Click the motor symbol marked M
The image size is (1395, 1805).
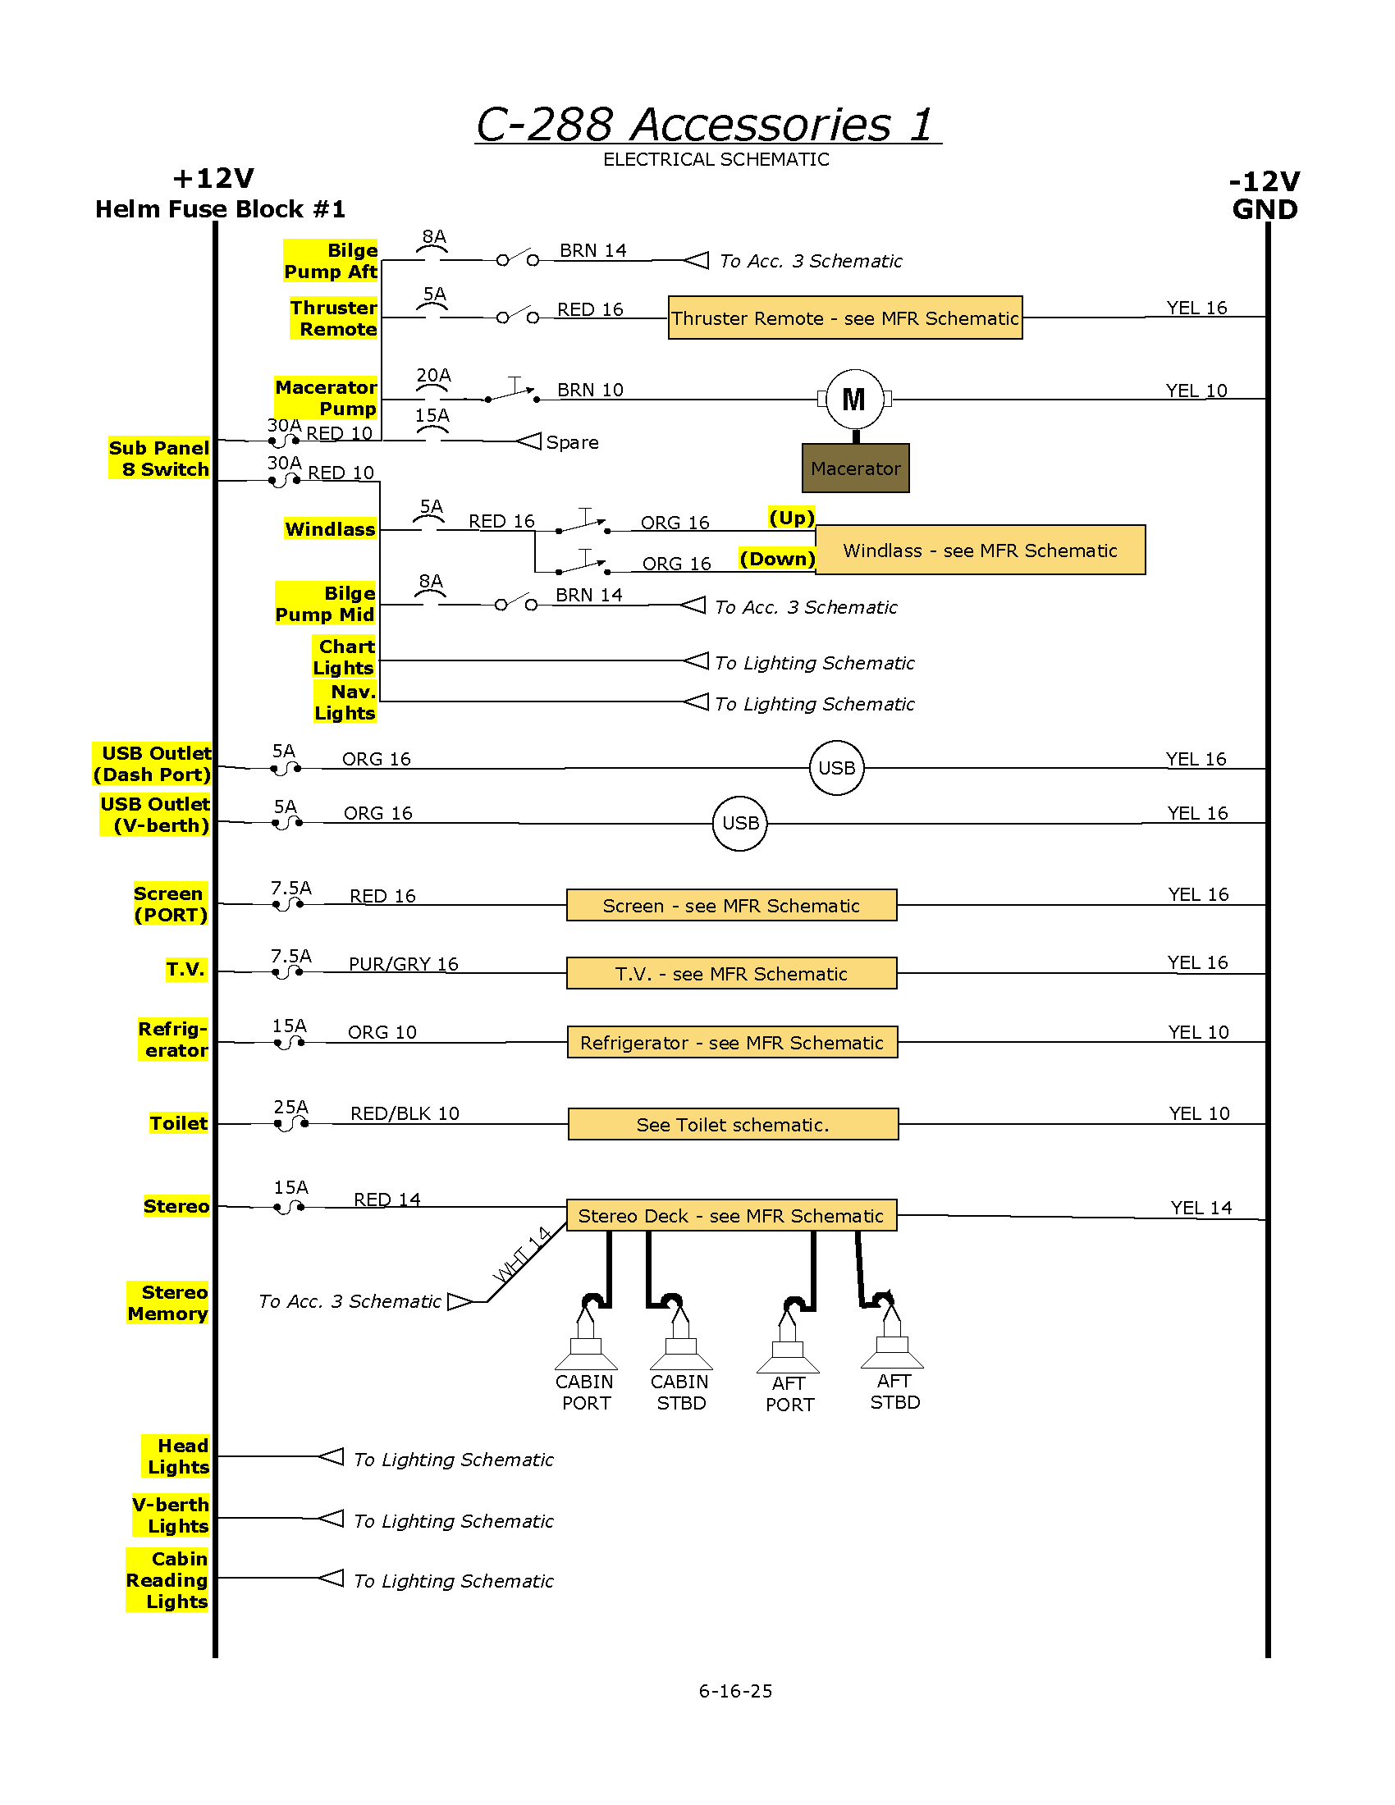pos(854,400)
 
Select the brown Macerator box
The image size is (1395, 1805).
pos(855,468)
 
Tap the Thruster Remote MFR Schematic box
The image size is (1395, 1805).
pos(844,318)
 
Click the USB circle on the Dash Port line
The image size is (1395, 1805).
pos(836,768)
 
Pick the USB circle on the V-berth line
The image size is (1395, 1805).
pos(739,823)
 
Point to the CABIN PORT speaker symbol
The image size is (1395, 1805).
pos(586,1332)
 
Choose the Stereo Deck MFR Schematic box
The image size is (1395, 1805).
pos(731,1215)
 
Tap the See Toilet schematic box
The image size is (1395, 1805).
pos(733,1124)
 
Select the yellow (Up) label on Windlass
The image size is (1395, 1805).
pos(792,518)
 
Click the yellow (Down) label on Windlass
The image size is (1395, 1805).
pos(777,559)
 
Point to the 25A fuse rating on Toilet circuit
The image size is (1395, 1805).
pos(291,1107)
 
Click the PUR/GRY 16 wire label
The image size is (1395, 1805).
pos(403,964)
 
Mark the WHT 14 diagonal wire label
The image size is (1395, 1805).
pos(521,1254)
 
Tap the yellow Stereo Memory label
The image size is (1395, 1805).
pos(167,1303)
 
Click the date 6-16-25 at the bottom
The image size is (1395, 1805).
pos(735,1691)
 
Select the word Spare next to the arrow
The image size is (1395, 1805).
pos(572,442)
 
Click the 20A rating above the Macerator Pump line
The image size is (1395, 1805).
pos(433,375)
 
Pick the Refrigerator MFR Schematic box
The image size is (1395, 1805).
pos(732,1042)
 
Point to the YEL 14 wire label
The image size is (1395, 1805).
pos(1201,1208)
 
